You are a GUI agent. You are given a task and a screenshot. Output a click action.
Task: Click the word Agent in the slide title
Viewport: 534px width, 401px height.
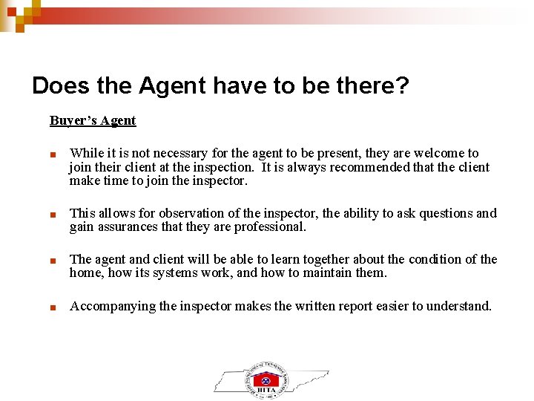coord(173,86)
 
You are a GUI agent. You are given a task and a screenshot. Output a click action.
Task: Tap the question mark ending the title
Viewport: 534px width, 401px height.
coord(402,86)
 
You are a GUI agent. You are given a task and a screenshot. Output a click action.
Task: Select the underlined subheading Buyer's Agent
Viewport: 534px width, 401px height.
coord(93,120)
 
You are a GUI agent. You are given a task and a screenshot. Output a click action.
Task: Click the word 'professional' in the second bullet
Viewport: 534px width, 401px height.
coord(268,227)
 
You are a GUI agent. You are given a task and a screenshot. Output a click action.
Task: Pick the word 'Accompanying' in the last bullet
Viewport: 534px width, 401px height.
coord(112,306)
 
